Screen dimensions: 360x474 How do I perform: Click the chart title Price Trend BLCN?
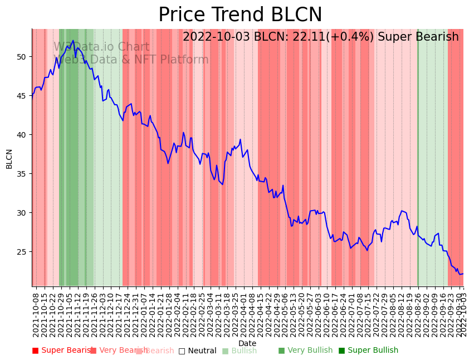[x=240, y=15]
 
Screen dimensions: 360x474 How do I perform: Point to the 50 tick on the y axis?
[x=23, y=57]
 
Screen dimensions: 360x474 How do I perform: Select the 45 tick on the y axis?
[x=23, y=96]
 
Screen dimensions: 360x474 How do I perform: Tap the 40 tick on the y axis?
[x=23, y=135]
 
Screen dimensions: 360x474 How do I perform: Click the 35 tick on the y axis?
[x=23, y=174]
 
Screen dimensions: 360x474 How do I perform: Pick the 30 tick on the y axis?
[x=23, y=213]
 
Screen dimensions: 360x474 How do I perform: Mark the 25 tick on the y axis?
[x=23, y=252]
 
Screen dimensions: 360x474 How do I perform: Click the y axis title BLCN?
[x=9, y=158]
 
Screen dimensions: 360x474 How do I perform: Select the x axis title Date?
[x=247, y=343]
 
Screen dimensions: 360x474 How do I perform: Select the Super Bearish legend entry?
[x=62, y=351]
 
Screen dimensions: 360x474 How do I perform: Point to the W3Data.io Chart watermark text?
[x=101, y=47]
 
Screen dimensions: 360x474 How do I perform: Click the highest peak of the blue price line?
[x=73, y=40]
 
